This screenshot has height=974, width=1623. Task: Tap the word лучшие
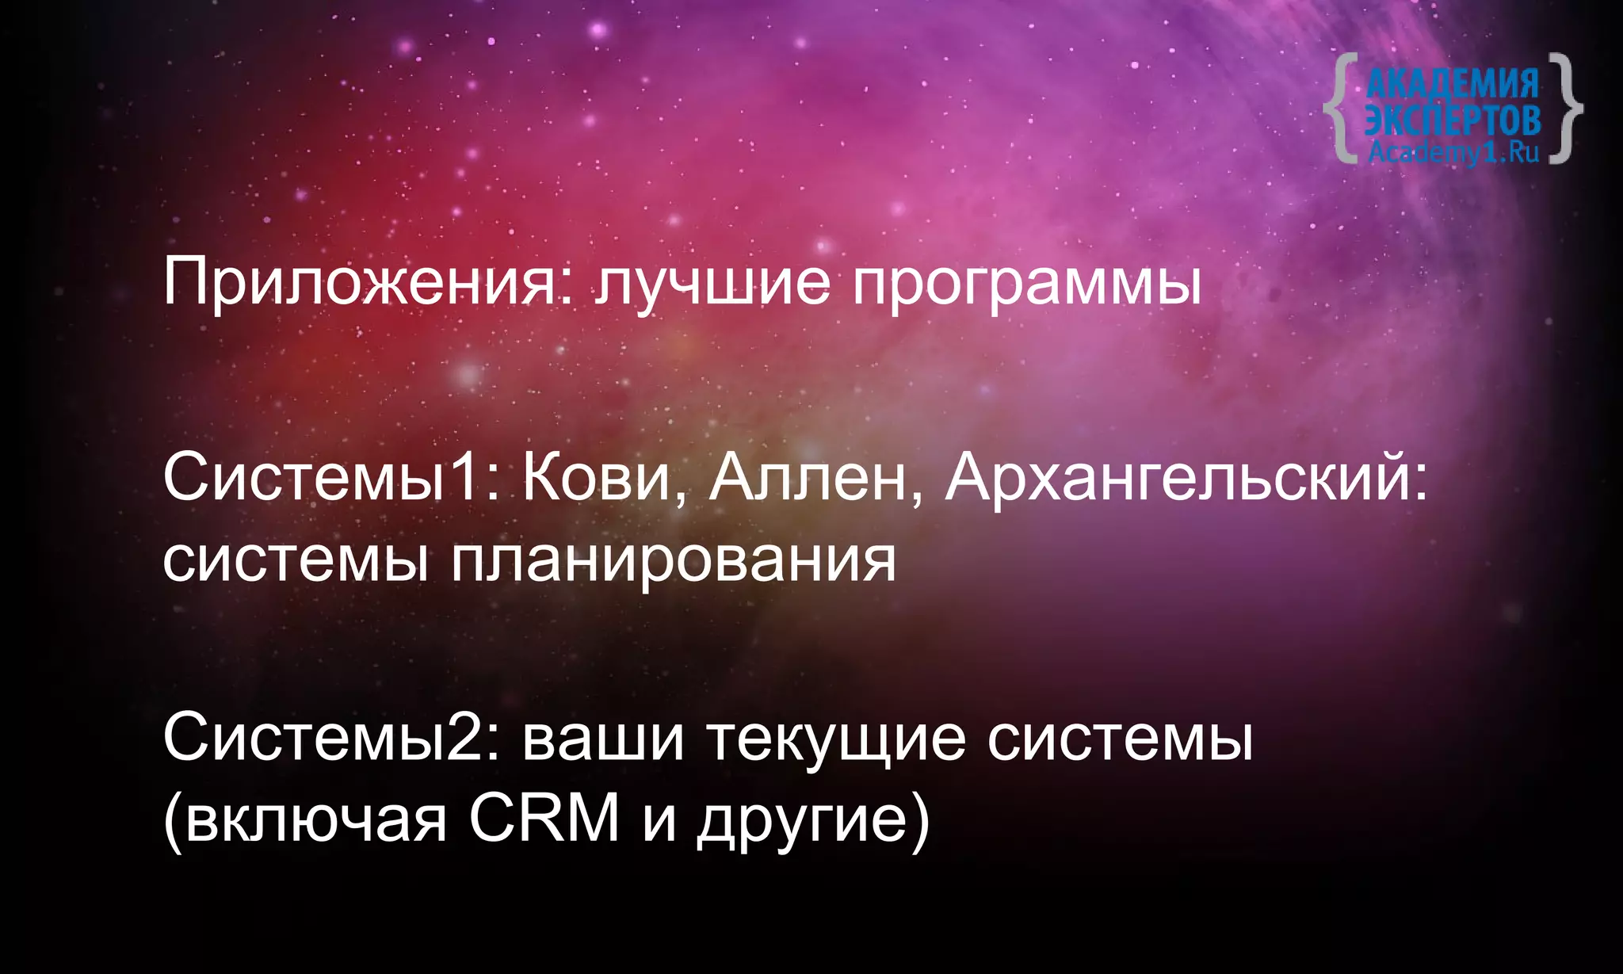click(713, 283)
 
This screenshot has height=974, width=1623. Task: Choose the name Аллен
click(815, 479)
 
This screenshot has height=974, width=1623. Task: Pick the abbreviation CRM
click(544, 818)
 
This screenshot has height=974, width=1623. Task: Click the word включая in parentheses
click(309, 819)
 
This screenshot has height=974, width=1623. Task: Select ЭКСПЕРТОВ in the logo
click(1453, 119)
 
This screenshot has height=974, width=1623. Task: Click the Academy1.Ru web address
click(1453, 151)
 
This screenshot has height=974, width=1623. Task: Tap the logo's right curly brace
click(1564, 108)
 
